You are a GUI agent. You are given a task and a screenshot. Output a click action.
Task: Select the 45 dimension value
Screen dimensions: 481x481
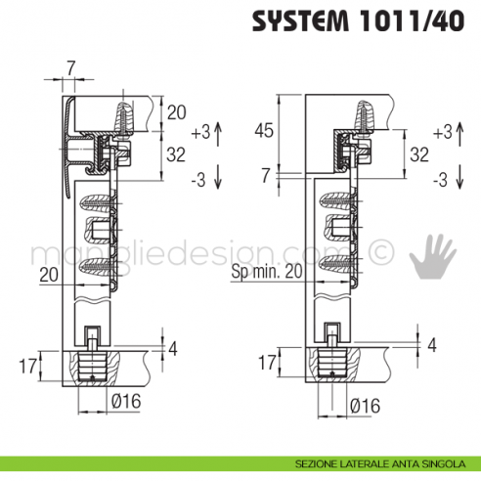(263, 130)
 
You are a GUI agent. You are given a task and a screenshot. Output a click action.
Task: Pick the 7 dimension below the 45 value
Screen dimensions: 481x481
(266, 175)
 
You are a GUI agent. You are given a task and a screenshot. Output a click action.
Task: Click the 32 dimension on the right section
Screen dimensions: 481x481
(419, 153)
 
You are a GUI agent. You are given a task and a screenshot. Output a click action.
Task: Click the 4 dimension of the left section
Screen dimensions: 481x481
(173, 347)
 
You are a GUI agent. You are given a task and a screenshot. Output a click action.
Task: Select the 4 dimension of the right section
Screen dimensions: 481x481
(430, 345)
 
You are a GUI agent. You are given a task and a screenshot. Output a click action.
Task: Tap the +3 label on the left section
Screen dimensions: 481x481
(200, 130)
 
